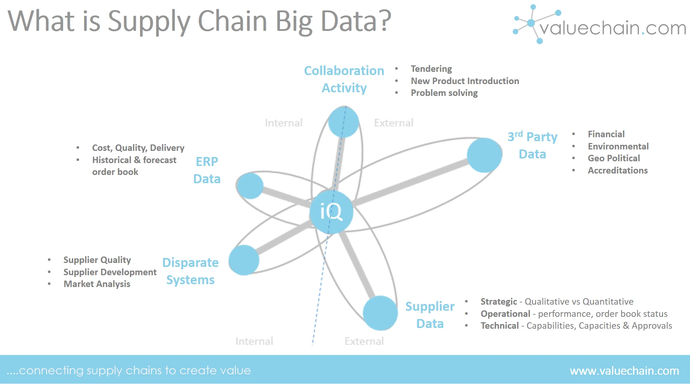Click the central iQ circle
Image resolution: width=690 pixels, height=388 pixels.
point(331,212)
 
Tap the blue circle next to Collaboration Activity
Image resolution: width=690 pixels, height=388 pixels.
point(344,122)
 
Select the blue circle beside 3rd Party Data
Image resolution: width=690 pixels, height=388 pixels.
point(484,155)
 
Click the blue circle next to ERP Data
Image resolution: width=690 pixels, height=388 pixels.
point(250,186)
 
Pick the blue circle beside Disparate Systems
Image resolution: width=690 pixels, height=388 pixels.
point(244,260)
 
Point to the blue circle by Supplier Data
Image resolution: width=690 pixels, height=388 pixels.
point(380,313)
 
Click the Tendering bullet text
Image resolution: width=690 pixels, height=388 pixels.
point(431,69)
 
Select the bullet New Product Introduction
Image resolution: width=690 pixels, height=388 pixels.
point(465,81)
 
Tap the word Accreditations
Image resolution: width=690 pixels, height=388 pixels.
point(617,170)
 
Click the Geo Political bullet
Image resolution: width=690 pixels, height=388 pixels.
point(613,158)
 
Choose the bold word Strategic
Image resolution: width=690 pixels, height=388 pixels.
point(498,301)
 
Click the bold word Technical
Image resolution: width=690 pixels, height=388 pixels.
point(500,325)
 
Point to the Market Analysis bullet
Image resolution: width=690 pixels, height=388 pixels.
point(97,284)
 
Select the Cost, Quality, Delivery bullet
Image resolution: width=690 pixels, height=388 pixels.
point(138,148)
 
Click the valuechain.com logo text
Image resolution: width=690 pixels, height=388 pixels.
point(612,28)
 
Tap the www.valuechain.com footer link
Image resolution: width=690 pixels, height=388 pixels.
point(624,370)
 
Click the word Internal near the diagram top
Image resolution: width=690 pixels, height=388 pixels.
point(284,123)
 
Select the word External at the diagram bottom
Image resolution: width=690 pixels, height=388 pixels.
point(364,341)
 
